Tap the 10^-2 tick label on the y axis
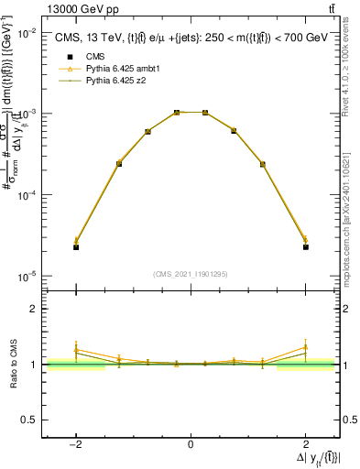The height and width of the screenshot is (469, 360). click(x=29, y=33)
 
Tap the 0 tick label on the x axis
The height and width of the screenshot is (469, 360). click(x=191, y=444)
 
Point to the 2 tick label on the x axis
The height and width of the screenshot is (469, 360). click(x=306, y=444)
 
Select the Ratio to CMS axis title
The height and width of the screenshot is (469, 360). click(x=12, y=365)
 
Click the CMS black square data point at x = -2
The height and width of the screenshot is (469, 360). click(x=76, y=247)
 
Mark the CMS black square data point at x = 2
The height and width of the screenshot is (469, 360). click(x=305, y=247)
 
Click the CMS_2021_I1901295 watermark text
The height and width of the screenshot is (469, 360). click(x=190, y=274)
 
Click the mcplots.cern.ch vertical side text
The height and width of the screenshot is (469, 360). click(x=349, y=220)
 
